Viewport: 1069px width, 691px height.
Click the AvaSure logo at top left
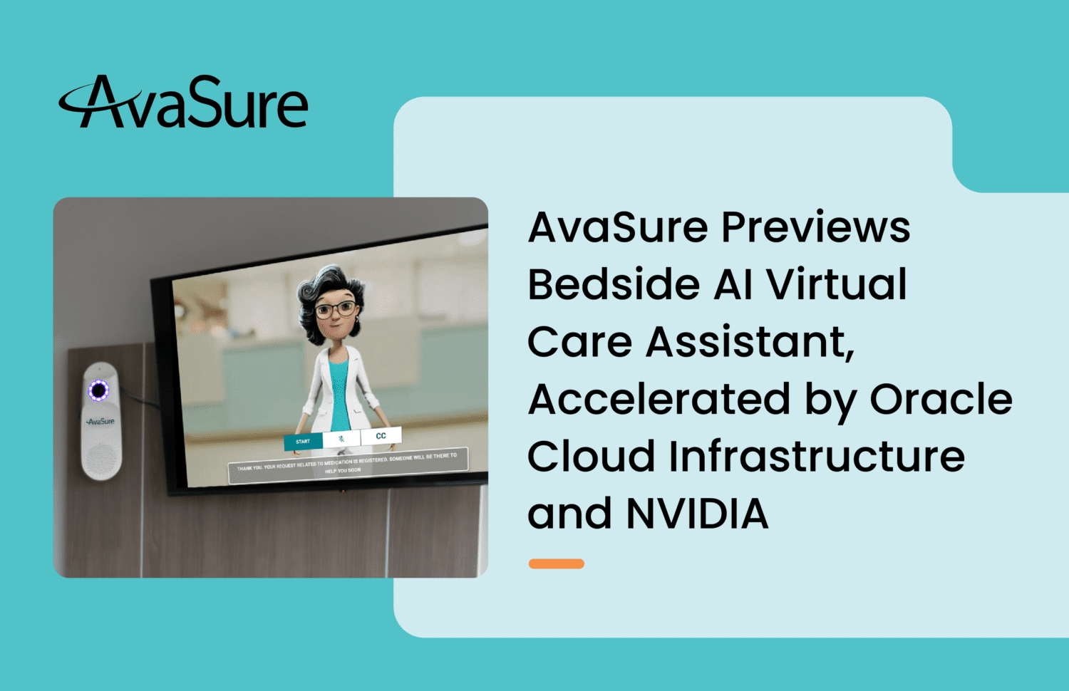click(184, 103)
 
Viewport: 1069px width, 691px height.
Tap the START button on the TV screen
click(303, 442)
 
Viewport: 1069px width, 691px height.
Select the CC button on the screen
click(381, 435)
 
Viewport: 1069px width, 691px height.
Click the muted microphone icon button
click(341, 439)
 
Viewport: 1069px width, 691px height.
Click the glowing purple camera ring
click(98, 390)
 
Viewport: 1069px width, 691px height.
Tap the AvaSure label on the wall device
click(100, 421)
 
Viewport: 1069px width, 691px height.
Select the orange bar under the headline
click(556, 563)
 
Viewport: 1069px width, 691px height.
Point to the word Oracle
click(941, 399)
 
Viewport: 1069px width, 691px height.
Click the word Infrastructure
click(817, 456)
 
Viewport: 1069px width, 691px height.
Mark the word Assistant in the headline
click(750, 342)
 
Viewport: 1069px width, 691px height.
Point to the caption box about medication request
click(348, 463)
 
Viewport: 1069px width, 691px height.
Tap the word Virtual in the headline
click(836, 284)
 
